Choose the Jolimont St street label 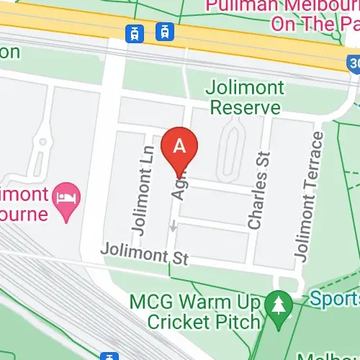point(143,254)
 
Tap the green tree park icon point(276,304)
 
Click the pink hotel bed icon point(68,195)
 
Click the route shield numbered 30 point(354,64)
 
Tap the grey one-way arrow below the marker point(173,226)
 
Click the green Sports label point(335,297)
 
